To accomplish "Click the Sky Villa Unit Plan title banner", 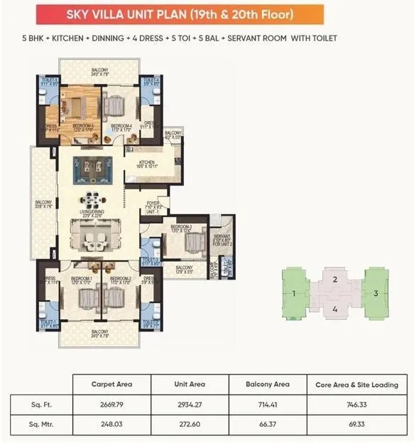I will tap(207, 14).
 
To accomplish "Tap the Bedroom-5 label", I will tap(82, 127).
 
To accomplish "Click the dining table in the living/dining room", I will tap(90, 198).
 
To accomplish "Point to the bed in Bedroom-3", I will tap(192, 243).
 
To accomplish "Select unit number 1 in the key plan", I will tap(293, 293).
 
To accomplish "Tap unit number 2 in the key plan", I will tap(334, 280).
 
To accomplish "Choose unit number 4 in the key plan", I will tap(334, 309).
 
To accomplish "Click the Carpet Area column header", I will tap(108, 385).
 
